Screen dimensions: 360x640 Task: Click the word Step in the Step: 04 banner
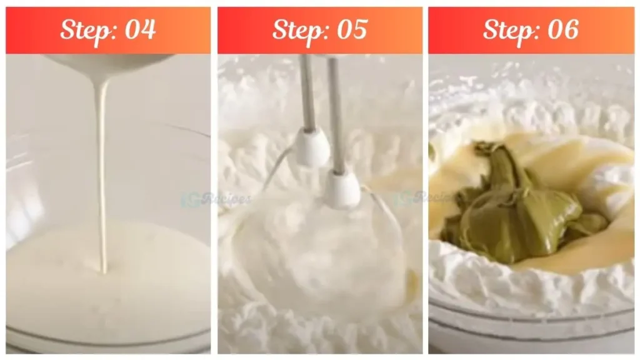(x=86, y=30)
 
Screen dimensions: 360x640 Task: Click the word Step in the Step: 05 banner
(x=297, y=30)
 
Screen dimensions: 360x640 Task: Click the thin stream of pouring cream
(x=101, y=175)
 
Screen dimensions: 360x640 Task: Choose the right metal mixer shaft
(x=336, y=112)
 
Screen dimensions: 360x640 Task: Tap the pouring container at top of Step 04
(x=112, y=62)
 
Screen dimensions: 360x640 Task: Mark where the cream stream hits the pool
(x=103, y=272)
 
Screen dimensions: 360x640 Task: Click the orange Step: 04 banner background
(x=25, y=30)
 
